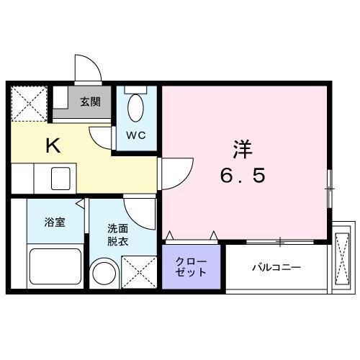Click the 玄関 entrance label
pyautogui.click(x=90, y=102)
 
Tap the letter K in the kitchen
pyautogui.click(x=53, y=146)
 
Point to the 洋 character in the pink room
pyautogui.click(x=242, y=150)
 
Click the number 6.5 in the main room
pyautogui.click(x=242, y=176)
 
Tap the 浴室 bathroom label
pyautogui.click(x=54, y=222)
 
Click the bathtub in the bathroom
pyautogui.click(x=55, y=266)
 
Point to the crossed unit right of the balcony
pyautogui.click(x=341, y=256)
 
